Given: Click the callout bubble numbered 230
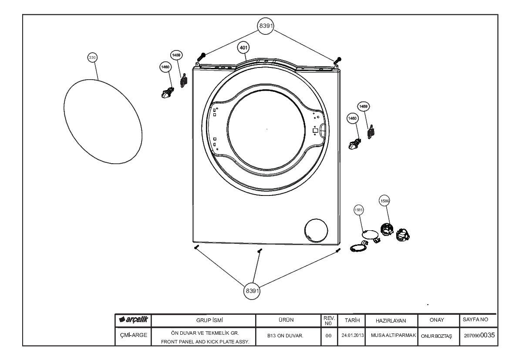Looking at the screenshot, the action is click(x=92, y=57).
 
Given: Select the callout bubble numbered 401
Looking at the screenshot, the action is click(x=243, y=48).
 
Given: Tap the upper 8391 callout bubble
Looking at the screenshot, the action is click(x=266, y=26).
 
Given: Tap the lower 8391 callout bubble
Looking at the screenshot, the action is click(x=252, y=290).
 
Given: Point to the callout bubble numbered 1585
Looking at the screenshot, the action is click(x=358, y=210).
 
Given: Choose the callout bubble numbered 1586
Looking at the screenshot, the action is click(x=384, y=201).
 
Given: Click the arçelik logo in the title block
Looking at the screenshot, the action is click(x=133, y=320).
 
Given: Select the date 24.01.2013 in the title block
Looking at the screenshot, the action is click(x=352, y=335).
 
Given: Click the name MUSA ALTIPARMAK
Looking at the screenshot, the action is click(x=394, y=335).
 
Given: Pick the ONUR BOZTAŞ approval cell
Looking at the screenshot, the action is click(x=436, y=336).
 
